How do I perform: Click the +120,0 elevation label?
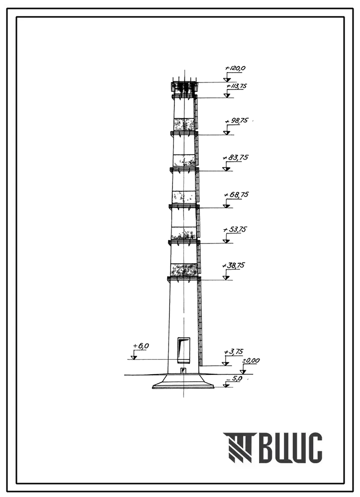[x=235, y=68]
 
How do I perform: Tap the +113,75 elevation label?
[x=237, y=85]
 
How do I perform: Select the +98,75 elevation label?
[x=236, y=121]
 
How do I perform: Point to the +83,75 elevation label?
[x=236, y=158]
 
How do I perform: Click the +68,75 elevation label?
[x=236, y=194]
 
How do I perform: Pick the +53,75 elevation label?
[x=235, y=229]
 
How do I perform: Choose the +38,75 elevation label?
[x=234, y=265]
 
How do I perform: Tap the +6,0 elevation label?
[x=141, y=346]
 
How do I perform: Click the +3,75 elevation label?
[x=233, y=351]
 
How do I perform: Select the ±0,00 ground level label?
[x=251, y=361]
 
